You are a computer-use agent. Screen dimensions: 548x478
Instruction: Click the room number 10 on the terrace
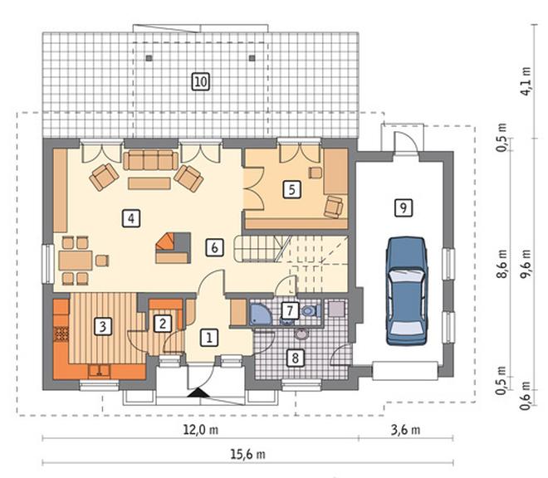point(201,82)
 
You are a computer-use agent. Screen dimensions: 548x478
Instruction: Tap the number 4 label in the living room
point(131,218)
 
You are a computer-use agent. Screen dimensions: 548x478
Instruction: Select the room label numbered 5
point(291,189)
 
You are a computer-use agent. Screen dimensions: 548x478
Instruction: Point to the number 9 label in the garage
point(404,208)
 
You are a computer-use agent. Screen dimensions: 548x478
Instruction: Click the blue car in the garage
point(407,291)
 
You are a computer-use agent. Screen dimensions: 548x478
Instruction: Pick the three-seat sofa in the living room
point(150,160)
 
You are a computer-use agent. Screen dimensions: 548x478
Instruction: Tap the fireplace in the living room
point(173,248)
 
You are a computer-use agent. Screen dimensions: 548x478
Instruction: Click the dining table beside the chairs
point(76,261)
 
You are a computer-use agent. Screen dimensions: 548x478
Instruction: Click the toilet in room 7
point(311,310)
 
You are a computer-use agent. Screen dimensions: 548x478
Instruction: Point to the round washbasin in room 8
point(301,334)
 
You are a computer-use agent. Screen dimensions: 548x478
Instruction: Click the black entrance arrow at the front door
point(198,393)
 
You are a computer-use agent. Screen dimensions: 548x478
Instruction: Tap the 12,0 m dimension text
point(201,429)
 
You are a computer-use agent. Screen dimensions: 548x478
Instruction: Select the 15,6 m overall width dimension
point(247,454)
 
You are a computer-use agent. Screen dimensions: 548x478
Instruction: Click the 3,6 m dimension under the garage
point(405,429)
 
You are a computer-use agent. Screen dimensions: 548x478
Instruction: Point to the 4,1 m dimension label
point(526,81)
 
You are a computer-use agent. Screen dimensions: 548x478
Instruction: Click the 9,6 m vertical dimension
point(526,264)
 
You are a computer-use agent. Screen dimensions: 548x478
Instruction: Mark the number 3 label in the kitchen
point(103,326)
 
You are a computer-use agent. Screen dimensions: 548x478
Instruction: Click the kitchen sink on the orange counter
point(100,370)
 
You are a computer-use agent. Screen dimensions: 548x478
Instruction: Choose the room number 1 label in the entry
point(209,338)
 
